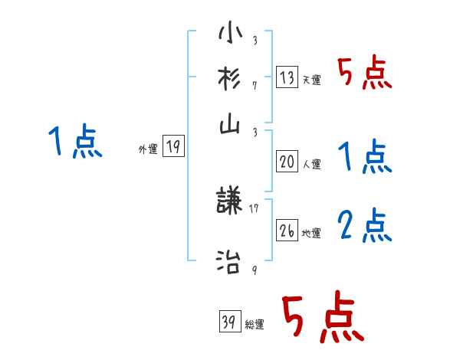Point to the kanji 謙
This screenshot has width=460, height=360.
pos(229,201)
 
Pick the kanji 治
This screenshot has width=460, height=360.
pos(229,261)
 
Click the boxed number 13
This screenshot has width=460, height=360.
pos(287,77)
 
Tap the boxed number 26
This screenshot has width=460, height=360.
pos(287,231)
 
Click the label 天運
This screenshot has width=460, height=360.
pos(311,80)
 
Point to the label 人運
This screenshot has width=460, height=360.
pos(311,163)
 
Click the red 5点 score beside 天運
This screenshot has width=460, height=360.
pos(364,74)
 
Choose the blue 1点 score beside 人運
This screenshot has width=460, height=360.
pos(364,157)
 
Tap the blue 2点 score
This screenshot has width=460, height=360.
pos(364,227)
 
